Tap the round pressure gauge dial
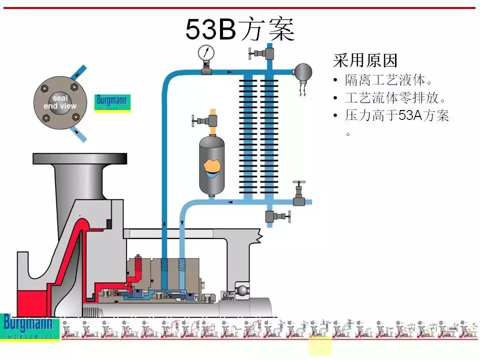(205, 52)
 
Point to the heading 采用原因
(365, 61)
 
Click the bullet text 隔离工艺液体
(388, 80)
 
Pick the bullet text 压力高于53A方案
(397, 116)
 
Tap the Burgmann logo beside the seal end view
(112, 103)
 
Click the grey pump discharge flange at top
(80, 158)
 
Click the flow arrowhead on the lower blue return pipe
(230, 202)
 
